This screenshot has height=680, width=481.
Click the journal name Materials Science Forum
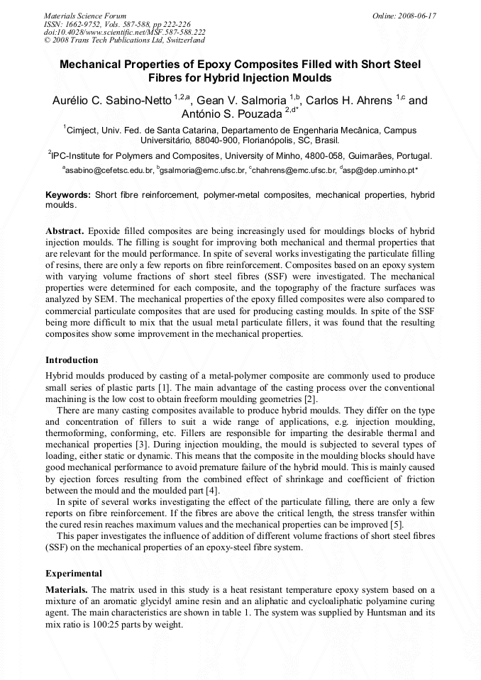click(x=85, y=15)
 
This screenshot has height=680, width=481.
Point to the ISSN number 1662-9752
click(x=86, y=23)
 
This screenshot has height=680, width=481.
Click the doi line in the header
click(x=125, y=32)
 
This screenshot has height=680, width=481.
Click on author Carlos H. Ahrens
click(x=350, y=101)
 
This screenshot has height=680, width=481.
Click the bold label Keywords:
click(x=68, y=194)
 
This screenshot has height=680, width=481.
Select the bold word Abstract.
click(x=65, y=232)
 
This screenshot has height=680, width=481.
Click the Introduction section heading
click(x=72, y=360)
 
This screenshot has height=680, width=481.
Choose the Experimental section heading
click(x=74, y=573)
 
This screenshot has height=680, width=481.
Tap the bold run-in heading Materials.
click(x=67, y=590)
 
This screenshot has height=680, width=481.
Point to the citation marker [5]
click(x=397, y=524)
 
